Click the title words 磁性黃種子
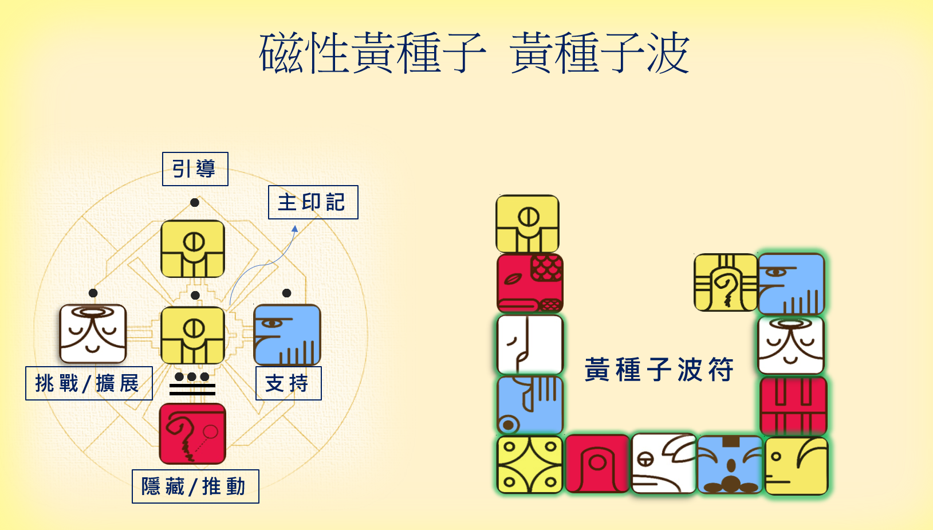click(x=372, y=53)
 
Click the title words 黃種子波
click(x=599, y=53)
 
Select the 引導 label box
click(x=195, y=169)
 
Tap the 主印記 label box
click(x=313, y=202)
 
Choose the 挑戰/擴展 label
click(x=89, y=383)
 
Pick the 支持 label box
click(x=288, y=383)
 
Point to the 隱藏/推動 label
click(x=195, y=486)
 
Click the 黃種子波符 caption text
click(x=659, y=370)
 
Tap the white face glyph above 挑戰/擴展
click(x=93, y=334)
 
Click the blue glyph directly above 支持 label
click(x=287, y=335)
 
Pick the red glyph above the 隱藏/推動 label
click(x=192, y=434)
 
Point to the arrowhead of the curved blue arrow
click(x=295, y=229)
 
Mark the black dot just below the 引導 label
click(x=195, y=202)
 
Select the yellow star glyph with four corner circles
click(x=530, y=465)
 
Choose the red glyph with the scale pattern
click(x=530, y=283)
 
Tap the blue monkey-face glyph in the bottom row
click(x=730, y=465)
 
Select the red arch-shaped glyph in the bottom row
click(x=597, y=464)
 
